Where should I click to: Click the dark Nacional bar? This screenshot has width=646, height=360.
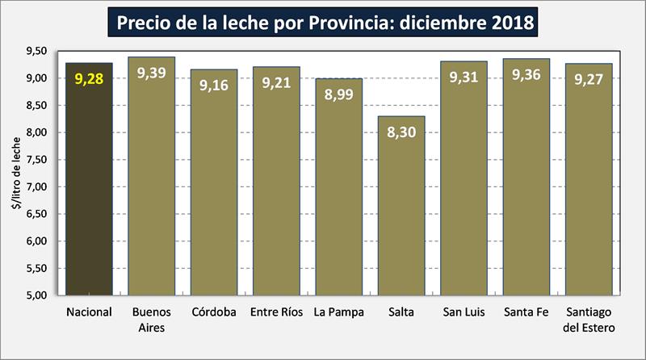pos(89,186)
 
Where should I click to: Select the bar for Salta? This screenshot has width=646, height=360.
pos(401,210)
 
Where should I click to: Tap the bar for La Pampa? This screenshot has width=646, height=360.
pos(338,194)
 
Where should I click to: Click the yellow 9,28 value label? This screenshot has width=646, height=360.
pos(89,79)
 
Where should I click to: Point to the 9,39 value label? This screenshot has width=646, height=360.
pos(152,73)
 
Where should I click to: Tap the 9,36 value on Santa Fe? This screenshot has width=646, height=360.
pos(526,75)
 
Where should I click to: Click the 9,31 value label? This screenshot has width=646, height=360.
pos(464,77)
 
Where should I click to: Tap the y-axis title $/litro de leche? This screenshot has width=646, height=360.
pos(14,173)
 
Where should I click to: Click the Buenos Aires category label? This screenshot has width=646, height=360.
pos(152,318)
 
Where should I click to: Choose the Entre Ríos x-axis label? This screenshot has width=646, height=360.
pos(276,312)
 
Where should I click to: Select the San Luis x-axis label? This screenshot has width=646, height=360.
pos(464,312)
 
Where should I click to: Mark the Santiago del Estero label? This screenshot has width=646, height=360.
pos(589,318)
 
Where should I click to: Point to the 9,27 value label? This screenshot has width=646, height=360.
pos(589,79)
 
